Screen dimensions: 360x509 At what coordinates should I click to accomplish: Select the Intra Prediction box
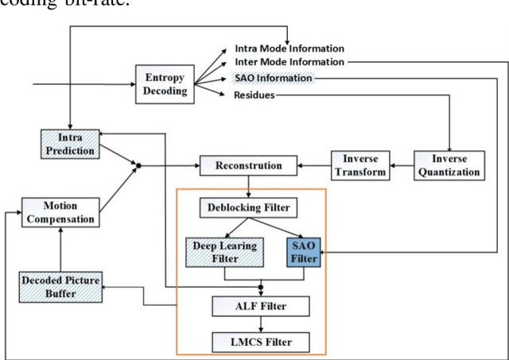(x=69, y=144)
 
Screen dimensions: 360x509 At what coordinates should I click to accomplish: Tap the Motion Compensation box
(x=59, y=212)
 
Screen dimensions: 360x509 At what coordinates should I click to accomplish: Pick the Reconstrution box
(x=249, y=166)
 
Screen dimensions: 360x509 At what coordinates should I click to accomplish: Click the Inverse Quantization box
(x=449, y=165)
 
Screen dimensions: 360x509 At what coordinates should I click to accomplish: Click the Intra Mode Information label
(x=289, y=49)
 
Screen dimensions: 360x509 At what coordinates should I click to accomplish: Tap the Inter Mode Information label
(x=289, y=63)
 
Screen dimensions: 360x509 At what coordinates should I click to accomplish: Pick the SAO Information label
(x=275, y=79)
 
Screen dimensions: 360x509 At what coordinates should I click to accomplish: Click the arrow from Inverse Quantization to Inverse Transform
(x=401, y=166)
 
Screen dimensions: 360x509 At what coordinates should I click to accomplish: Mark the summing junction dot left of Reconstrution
(x=138, y=166)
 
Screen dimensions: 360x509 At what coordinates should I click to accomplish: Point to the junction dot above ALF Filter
(x=260, y=287)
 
